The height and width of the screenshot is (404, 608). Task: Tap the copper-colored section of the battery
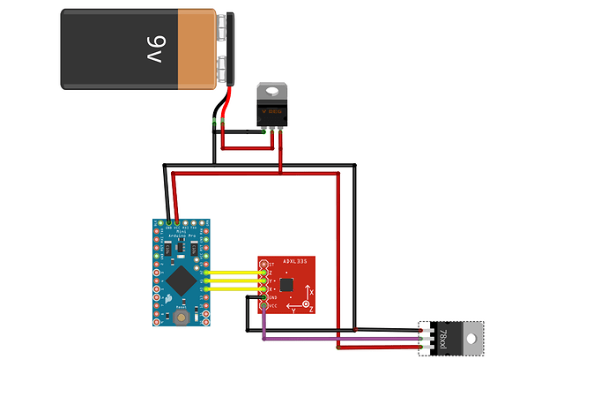coord(196,49)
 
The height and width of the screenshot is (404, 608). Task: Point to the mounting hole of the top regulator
coord(271,89)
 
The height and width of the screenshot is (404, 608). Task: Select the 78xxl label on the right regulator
coord(442,338)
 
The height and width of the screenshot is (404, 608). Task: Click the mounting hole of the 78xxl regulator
coord(473,338)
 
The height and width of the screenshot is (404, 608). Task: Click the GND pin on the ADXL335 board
coord(263,297)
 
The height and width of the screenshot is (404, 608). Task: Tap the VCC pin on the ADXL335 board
coord(263,305)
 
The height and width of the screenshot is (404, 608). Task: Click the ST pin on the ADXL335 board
coord(263,264)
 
